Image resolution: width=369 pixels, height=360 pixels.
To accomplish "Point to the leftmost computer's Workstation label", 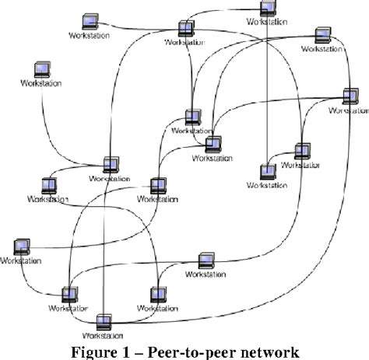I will [21, 261].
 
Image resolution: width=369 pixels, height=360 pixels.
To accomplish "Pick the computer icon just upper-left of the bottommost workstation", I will [69, 294].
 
